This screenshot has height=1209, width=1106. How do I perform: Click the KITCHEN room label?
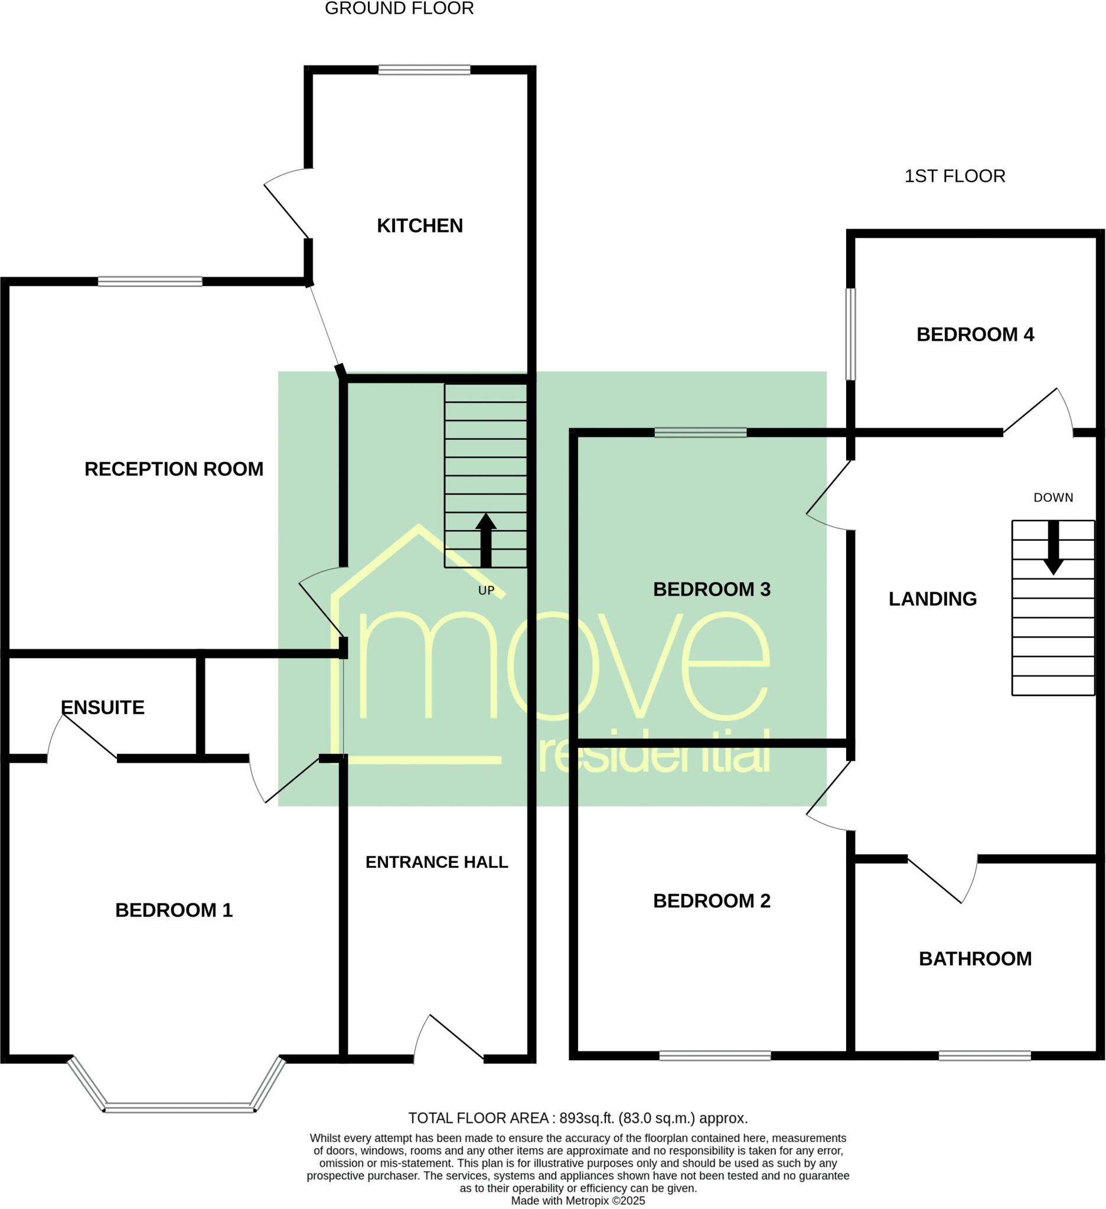[419, 226]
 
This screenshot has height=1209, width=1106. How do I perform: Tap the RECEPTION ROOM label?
[174, 469]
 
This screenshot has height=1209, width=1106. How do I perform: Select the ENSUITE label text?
[103, 707]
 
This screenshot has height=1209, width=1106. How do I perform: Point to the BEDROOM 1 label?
[174, 910]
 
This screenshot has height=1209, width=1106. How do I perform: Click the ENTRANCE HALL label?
[436, 862]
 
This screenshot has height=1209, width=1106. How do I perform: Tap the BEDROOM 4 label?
[975, 334]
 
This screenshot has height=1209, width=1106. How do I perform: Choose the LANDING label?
[932, 599]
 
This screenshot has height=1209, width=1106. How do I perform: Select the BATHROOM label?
[975, 958]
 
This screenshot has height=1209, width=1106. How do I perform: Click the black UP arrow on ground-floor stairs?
[486, 540]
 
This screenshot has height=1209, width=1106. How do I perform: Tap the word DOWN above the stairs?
[1053, 497]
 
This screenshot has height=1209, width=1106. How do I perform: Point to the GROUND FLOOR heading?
[399, 8]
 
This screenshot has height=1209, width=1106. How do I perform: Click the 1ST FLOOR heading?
[954, 176]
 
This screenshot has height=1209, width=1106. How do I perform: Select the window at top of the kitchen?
[424, 70]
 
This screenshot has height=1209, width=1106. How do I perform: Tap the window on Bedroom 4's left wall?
[850, 334]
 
